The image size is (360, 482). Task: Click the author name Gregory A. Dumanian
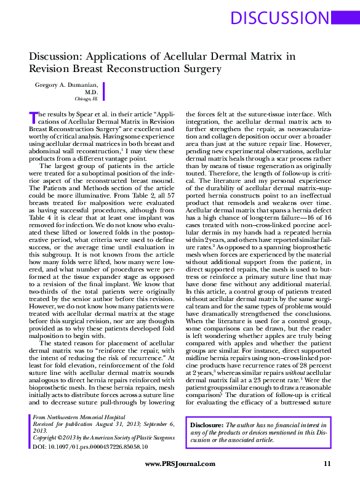[x=66, y=84]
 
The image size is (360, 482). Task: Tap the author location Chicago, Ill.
[x=87, y=98]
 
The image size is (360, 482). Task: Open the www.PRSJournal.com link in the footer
[x=180, y=464]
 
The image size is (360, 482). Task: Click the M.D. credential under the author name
[x=92, y=91]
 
